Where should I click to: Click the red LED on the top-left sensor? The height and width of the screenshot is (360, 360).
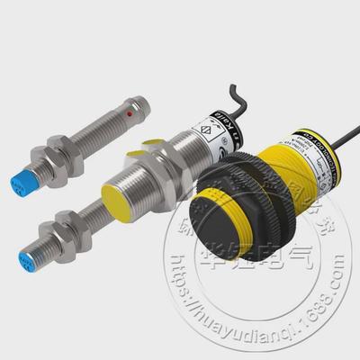pos(131,117)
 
